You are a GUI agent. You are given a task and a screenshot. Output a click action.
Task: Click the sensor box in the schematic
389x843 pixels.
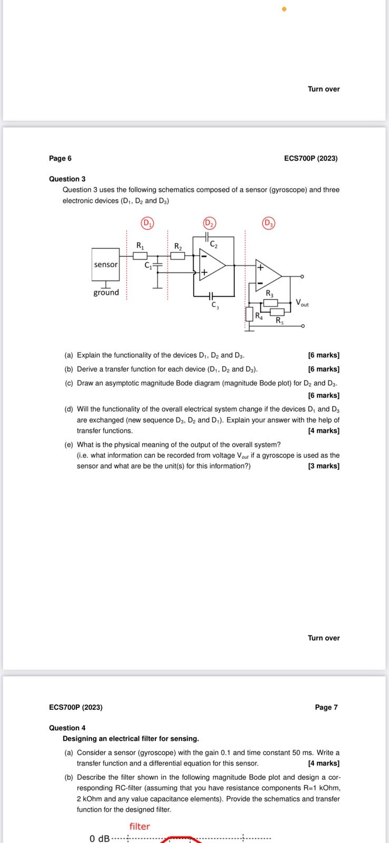click(x=106, y=264)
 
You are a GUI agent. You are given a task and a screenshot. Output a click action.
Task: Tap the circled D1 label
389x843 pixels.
click(x=147, y=223)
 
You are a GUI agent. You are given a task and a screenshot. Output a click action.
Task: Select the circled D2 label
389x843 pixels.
click(x=210, y=223)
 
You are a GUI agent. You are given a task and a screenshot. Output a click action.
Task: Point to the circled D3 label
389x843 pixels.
click(x=268, y=223)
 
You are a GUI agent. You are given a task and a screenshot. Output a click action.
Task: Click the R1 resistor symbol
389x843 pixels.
click(x=140, y=256)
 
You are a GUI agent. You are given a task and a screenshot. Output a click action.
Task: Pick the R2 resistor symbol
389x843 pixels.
click(x=178, y=256)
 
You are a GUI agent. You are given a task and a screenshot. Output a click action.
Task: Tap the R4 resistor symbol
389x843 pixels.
click(x=250, y=315)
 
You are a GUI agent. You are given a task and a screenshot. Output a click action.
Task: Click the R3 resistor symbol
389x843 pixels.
click(x=271, y=302)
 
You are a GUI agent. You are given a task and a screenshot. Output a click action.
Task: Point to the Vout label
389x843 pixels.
click(x=302, y=303)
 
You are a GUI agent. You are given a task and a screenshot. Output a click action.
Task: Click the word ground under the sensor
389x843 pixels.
click(x=106, y=292)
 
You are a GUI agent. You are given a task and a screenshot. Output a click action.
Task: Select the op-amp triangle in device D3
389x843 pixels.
click(x=268, y=276)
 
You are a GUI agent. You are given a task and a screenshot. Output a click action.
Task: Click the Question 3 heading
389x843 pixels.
click(x=67, y=179)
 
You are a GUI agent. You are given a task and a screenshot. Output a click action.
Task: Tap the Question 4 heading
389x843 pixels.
click(x=67, y=728)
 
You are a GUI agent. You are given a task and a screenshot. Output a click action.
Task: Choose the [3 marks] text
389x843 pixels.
click(x=324, y=466)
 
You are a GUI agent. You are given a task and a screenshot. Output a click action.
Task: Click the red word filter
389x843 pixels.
click(x=139, y=826)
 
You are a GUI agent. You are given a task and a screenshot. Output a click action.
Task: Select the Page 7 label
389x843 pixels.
click(x=326, y=707)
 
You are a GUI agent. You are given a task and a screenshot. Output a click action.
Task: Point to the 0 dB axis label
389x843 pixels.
click(x=99, y=838)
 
